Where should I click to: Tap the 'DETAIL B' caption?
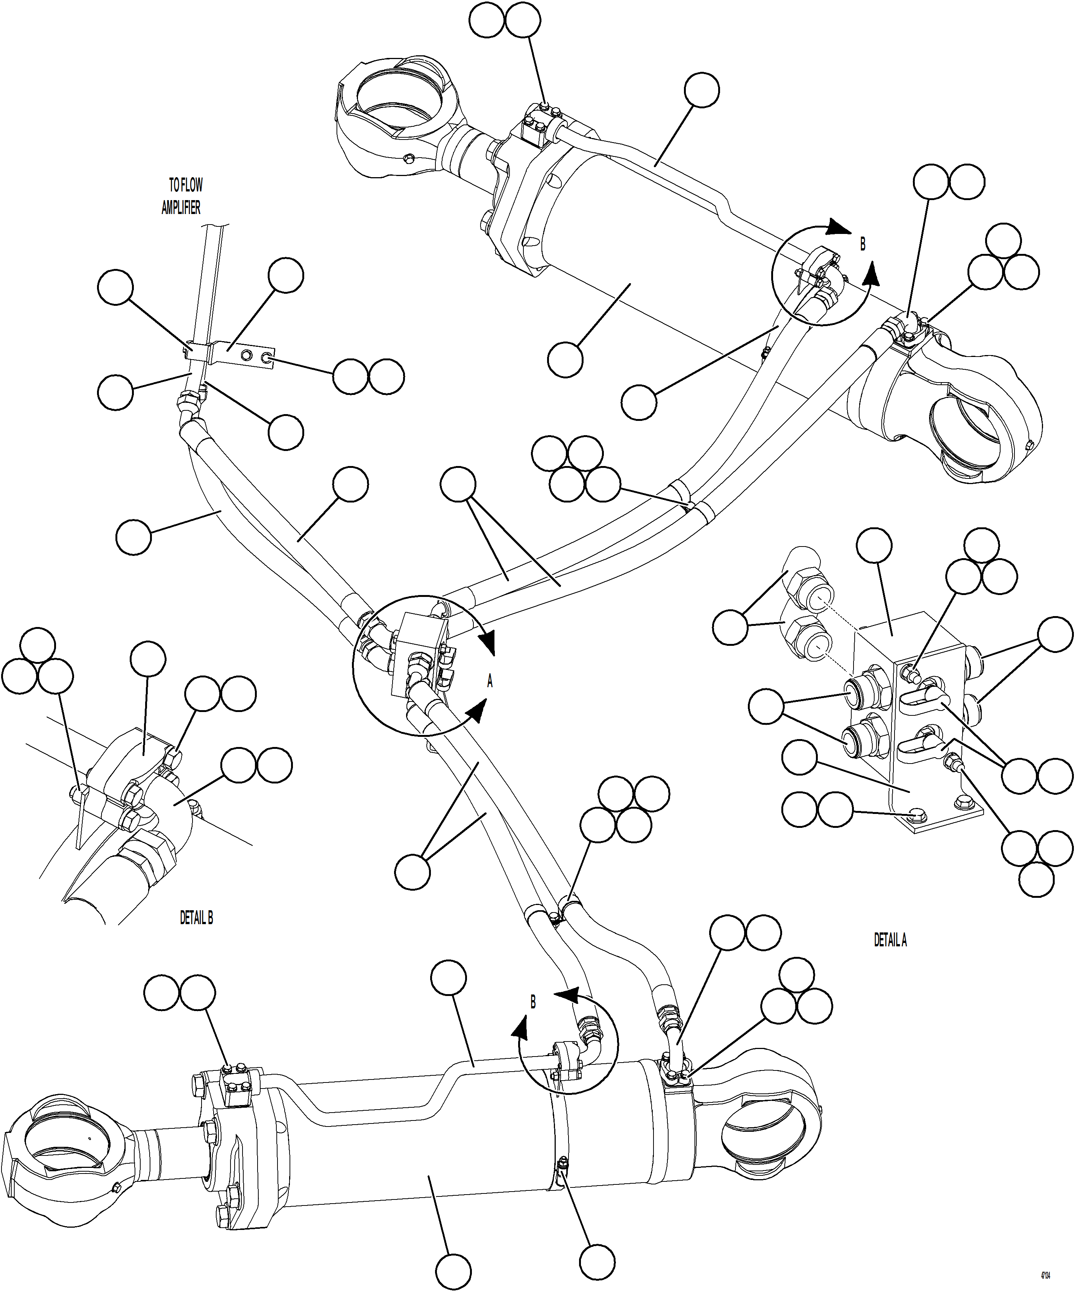click(x=196, y=918)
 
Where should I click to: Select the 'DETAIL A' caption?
click(x=890, y=940)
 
